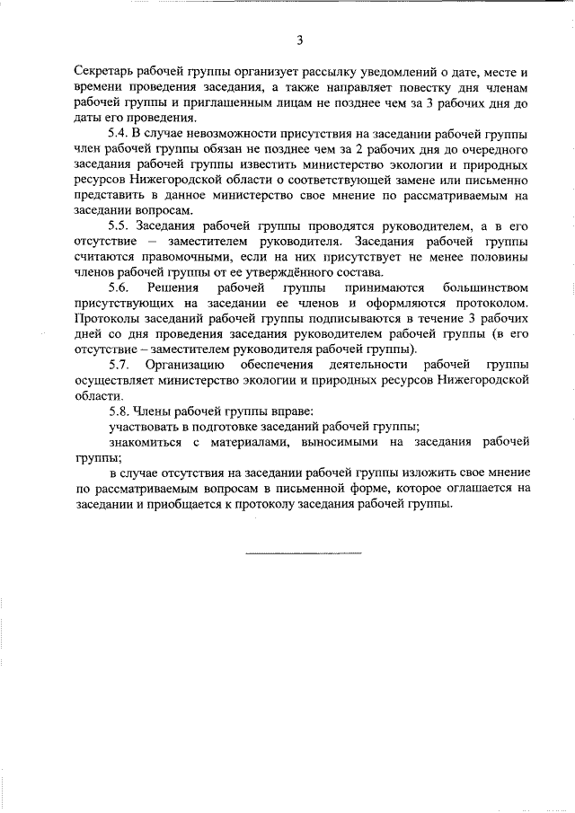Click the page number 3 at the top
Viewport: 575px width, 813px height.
[x=299, y=40]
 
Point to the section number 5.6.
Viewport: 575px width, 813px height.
[x=119, y=287]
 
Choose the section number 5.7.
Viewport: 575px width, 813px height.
[x=119, y=365]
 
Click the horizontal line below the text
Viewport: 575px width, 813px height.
[x=303, y=552]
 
